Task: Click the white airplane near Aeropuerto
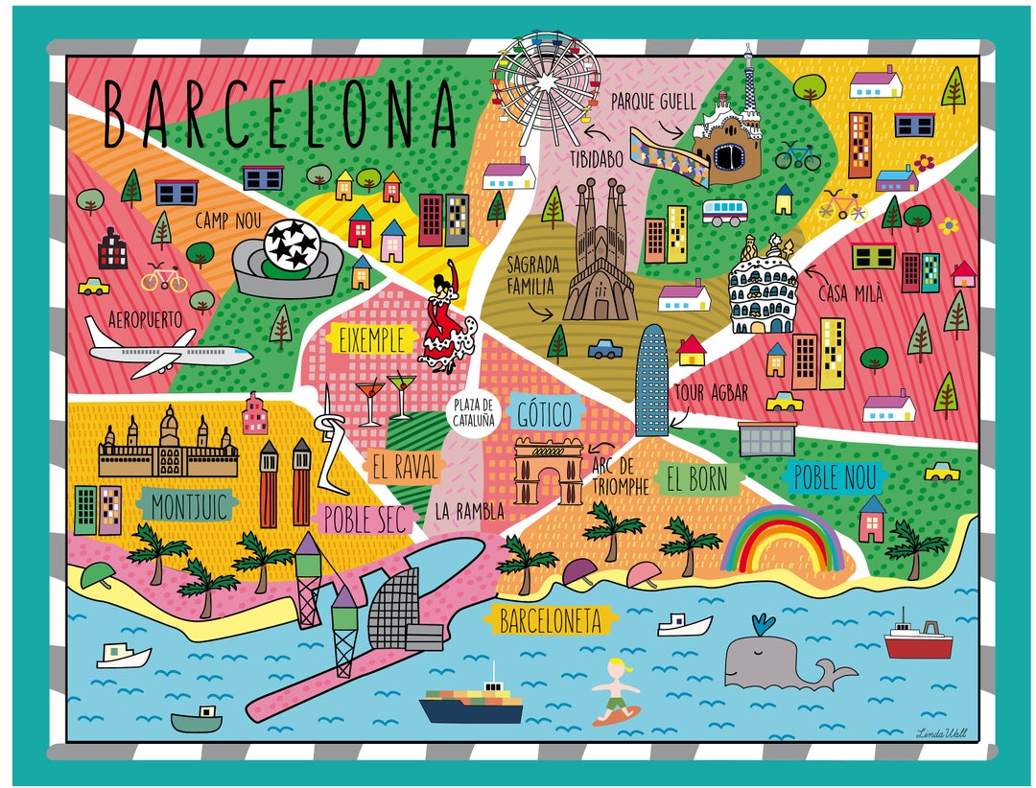(167, 351)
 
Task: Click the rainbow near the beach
(782, 542)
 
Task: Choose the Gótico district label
(544, 415)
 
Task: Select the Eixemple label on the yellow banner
(370, 338)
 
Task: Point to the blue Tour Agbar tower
(651, 379)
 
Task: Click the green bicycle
(798, 155)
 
